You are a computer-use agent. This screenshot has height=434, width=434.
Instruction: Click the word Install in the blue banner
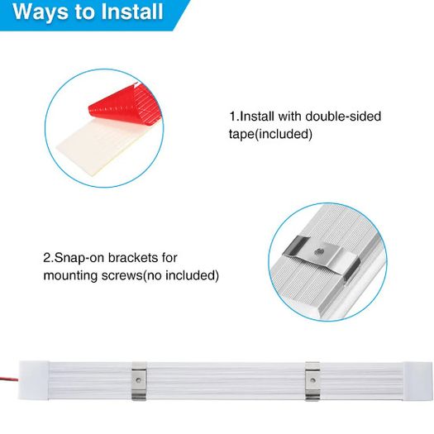tap(132, 12)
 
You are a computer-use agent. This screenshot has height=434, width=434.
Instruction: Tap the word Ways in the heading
tap(41, 12)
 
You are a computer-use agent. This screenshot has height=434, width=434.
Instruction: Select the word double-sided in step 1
tap(343, 116)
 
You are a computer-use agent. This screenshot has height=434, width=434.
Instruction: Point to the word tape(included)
tap(270, 134)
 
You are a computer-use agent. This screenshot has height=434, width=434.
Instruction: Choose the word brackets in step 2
tap(132, 258)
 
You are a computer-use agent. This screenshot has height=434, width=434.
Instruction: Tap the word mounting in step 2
tap(70, 275)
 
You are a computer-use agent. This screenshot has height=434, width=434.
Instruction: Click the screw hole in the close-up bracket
tap(318, 251)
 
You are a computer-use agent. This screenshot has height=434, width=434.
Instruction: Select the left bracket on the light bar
tap(139, 381)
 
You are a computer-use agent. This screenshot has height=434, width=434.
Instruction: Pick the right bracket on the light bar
tap(312, 381)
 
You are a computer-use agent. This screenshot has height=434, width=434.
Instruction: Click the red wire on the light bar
tap(9, 378)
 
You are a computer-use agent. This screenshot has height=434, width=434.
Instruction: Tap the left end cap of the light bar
tap(34, 380)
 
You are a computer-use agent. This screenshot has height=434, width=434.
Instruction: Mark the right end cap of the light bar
tap(417, 381)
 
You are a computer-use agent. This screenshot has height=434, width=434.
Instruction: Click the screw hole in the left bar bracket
tap(139, 380)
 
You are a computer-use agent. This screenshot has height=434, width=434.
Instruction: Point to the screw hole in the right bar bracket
tap(312, 380)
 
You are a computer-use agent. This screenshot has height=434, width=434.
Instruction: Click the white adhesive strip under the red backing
tap(96, 146)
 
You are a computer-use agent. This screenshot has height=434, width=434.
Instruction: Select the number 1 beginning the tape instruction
tap(233, 117)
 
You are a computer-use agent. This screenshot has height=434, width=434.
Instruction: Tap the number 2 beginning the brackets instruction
tap(47, 258)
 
